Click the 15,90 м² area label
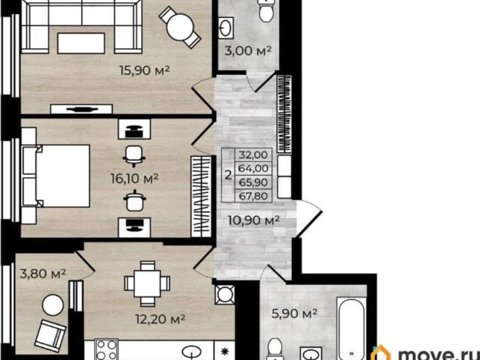coord(145,70)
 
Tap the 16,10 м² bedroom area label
coord(134,178)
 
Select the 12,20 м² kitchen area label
coord(160,319)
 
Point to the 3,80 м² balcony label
coord(43,273)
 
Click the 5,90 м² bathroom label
coord(295,313)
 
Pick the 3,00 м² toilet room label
coord(248,50)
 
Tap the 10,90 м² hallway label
coord(253,220)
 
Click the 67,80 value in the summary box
coord(253,196)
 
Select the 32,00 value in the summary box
coord(253,154)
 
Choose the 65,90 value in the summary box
coord(253,182)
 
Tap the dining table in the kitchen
coord(147,283)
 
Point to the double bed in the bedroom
coord(55,176)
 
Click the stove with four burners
coord(106,349)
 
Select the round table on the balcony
coord(53,305)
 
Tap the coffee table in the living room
coord(81,43)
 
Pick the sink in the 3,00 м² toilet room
coord(226,28)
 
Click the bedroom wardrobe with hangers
coord(201,196)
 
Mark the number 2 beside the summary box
coord(228,175)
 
